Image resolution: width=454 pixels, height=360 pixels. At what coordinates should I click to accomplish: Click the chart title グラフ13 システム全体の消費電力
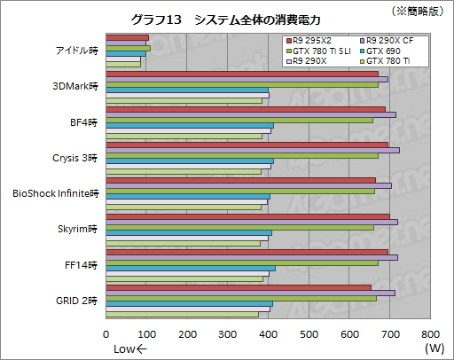pos(224,20)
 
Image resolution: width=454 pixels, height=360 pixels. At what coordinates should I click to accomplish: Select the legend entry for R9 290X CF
pos(381,42)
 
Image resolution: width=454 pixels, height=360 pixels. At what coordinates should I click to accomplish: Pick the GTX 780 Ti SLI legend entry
pos(315,51)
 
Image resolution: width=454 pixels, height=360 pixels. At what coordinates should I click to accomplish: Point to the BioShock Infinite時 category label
pos(55,192)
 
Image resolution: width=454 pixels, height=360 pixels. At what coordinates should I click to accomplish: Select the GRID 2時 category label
pos(78,301)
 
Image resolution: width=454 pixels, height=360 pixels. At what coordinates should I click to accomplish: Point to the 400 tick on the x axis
pos(268,334)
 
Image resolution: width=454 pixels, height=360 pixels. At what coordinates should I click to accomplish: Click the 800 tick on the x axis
pos(429,334)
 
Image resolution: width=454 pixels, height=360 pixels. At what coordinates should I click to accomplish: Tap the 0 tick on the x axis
pos(106,334)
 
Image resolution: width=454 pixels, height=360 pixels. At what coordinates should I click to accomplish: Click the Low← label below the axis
pos(130,349)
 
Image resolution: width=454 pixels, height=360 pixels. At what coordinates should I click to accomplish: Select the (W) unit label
pos(434,349)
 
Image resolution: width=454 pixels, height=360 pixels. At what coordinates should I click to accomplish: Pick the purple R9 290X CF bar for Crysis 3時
pos(253,151)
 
